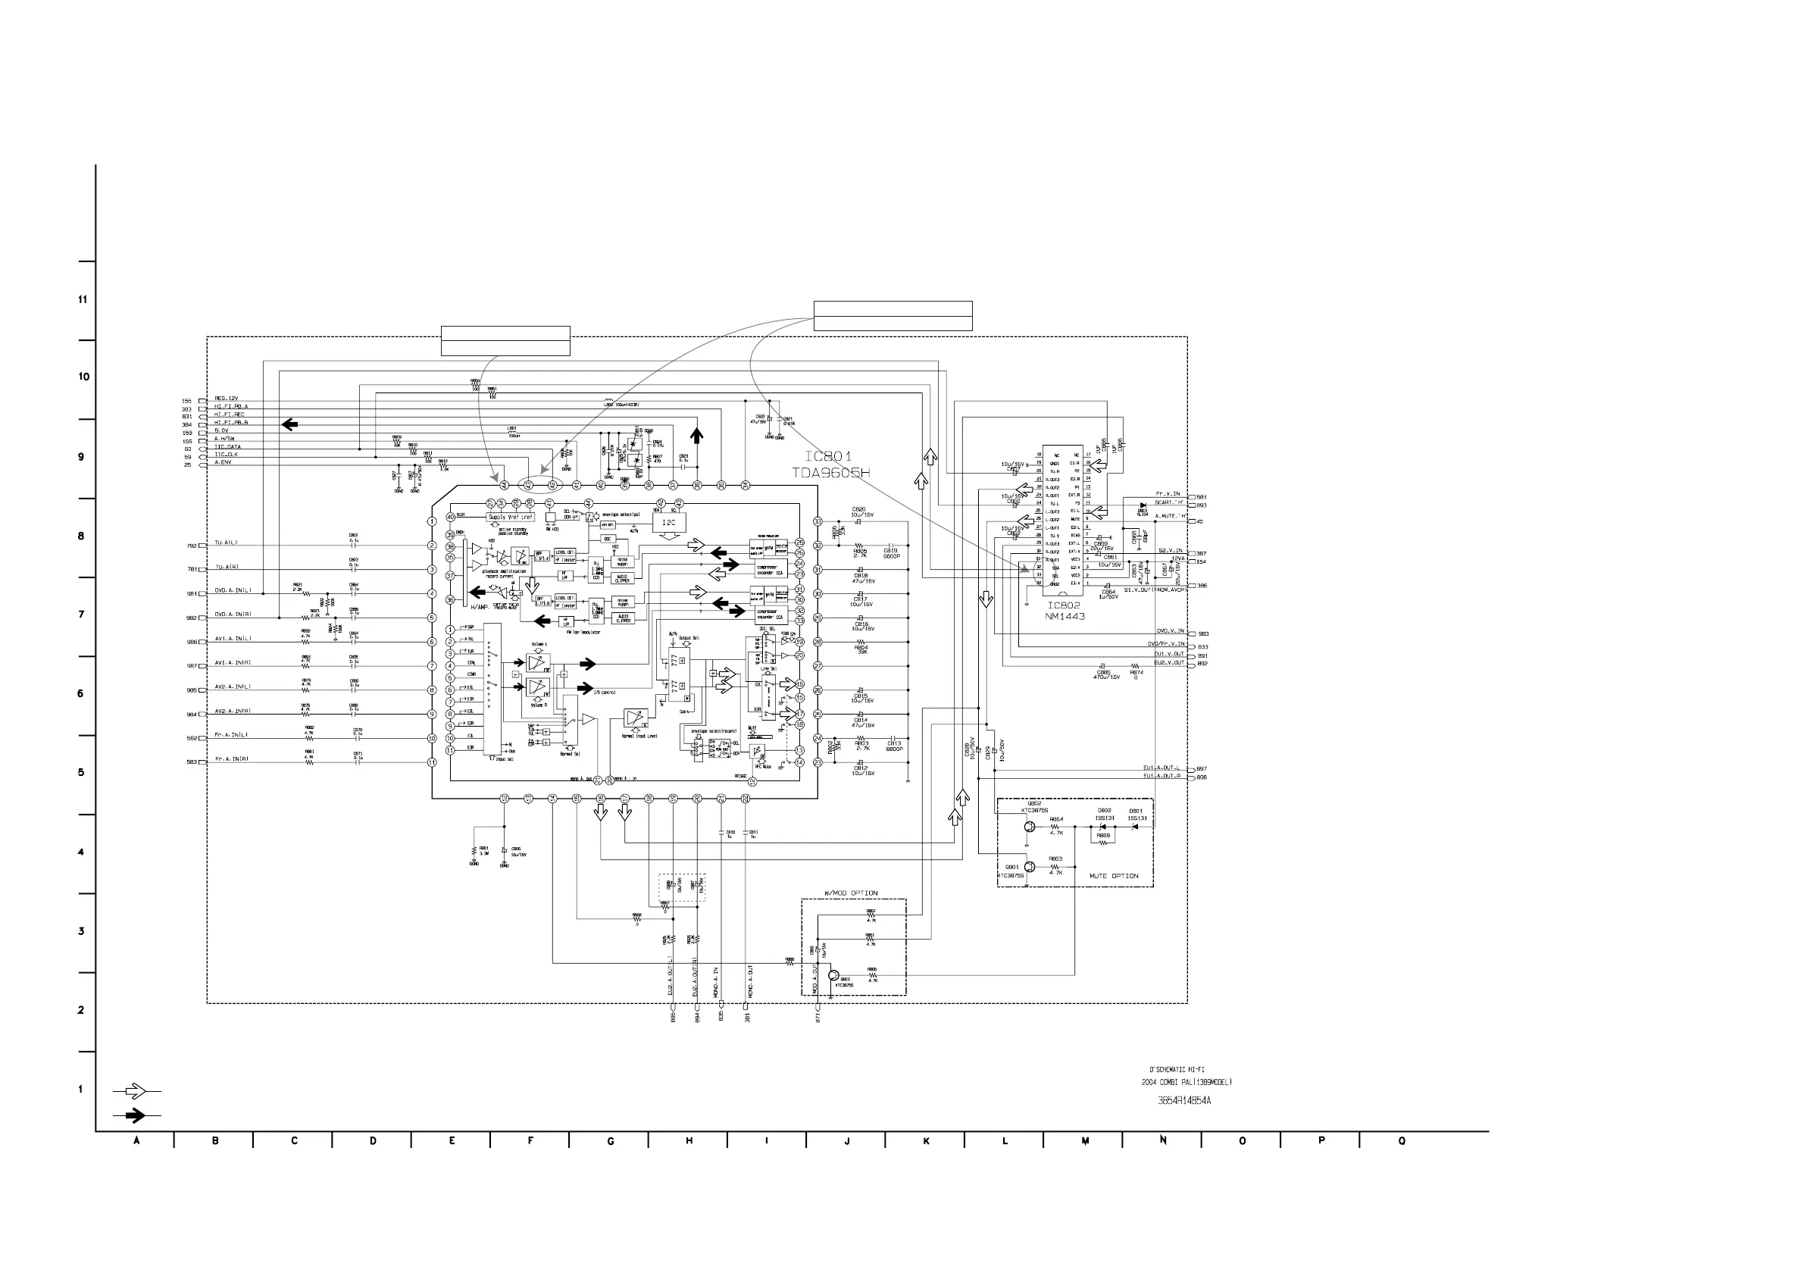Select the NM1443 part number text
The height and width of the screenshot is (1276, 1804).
pyautogui.click(x=1065, y=617)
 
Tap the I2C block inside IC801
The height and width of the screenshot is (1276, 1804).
pyautogui.click(x=669, y=523)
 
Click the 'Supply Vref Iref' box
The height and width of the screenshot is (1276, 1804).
pyautogui.click(x=511, y=517)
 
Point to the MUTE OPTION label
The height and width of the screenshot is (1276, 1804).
pyautogui.click(x=1113, y=876)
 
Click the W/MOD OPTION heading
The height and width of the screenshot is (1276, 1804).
pyautogui.click(x=851, y=893)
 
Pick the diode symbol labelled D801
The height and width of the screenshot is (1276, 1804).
pyautogui.click(x=1134, y=827)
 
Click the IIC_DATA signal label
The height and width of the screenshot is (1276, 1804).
pyautogui.click(x=228, y=446)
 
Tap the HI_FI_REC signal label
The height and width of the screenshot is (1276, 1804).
pyautogui.click(x=230, y=414)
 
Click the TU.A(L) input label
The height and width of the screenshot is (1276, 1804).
pyautogui.click(x=226, y=543)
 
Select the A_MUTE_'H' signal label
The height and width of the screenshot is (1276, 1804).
pyautogui.click(x=1170, y=516)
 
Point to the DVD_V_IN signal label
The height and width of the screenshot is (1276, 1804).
pyautogui.click(x=1170, y=631)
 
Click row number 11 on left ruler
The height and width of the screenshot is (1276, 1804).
pyautogui.click(x=83, y=299)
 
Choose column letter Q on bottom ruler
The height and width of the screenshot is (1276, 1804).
pyautogui.click(x=1402, y=1141)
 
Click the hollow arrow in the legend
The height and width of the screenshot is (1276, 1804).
pyautogui.click(x=136, y=1090)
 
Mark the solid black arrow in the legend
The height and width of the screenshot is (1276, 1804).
pyautogui.click(x=136, y=1115)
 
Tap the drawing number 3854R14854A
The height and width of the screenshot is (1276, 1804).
pyautogui.click(x=1184, y=1101)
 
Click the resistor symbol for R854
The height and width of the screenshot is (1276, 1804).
pyautogui.click(x=1055, y=827)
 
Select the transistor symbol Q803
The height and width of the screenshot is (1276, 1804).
pyautogui.click(x=834, y=975)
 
